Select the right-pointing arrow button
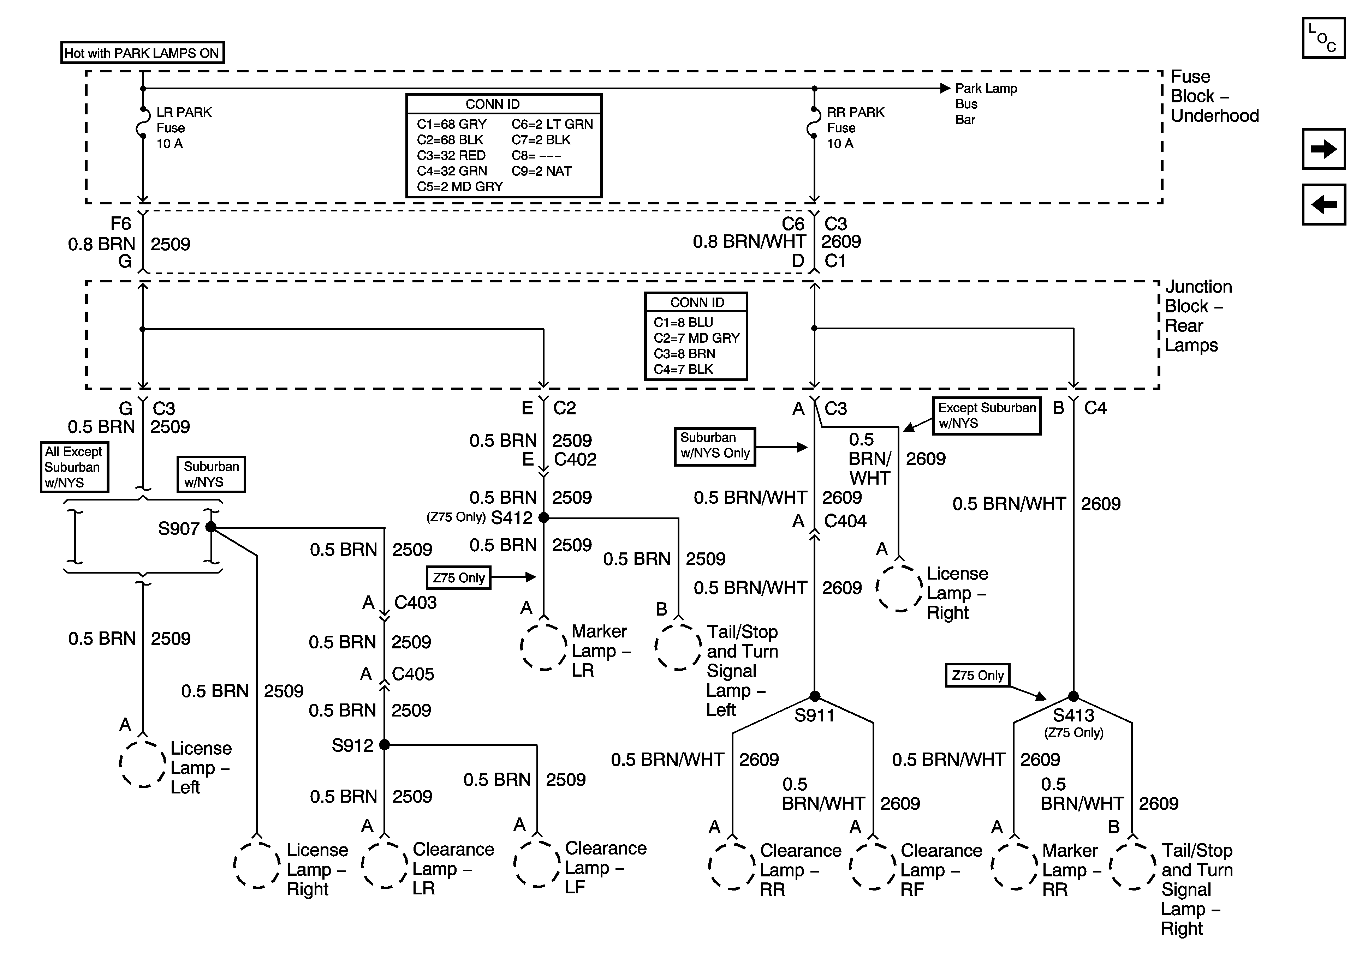pyautogui.click(x=1323, y=149)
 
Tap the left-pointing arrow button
pyautogui.click(x=1323, y=204)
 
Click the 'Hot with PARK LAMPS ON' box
pyautogui.click(x=142, y=53)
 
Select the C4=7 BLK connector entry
pyautogui.click(x=683, y=369)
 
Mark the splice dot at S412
pyautogui.click(x=543, y=518)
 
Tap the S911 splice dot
pyautogui.click(x=815, y=696)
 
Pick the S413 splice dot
pyautogui.click(x=1073, y=696)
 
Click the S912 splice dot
pyautogui.click(x=384, y=744)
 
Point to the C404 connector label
pyautogui.click(x=845, y=521)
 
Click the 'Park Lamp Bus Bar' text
pyautogui.click(x=986, y=104)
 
